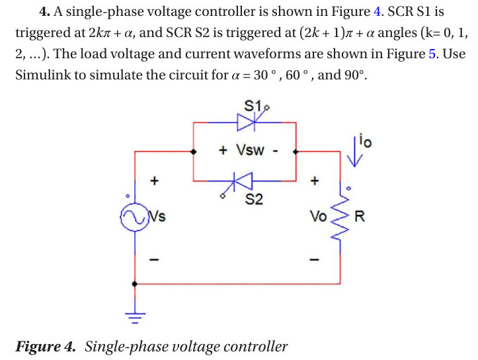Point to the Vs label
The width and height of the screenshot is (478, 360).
[157, 216]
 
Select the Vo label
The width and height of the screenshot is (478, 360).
[318, 216]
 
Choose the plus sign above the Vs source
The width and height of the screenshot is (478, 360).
[154, 179]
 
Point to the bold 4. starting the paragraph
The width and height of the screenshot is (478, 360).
[45, 11]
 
